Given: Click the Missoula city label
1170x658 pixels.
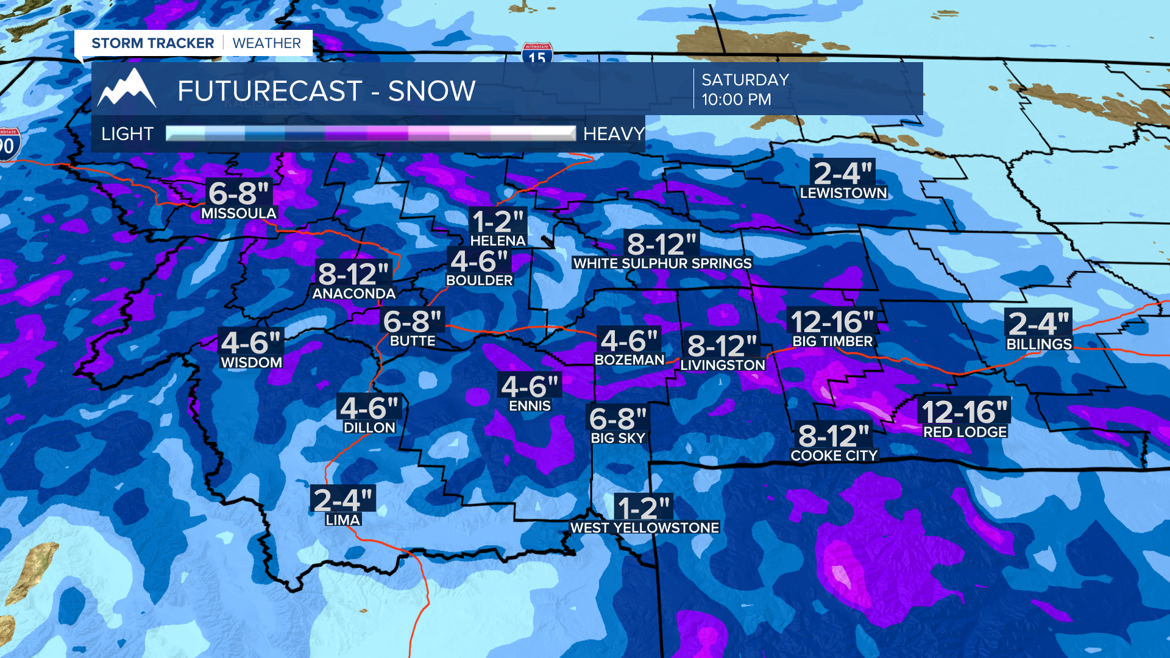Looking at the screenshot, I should (x=239, y=213).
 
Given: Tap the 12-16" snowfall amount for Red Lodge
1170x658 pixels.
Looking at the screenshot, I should (x=965, y=412).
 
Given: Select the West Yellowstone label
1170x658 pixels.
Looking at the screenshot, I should (x=645, y=528).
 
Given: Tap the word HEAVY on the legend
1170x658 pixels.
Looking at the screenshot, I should (x=614, y=133).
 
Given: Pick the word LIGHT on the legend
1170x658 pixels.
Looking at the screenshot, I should (x=127, y=133).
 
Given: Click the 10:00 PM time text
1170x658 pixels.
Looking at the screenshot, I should (x=736, y=99).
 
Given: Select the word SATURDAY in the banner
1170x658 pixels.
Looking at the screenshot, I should (x=745, y=80).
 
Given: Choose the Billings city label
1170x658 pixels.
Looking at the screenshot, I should (x=1039, y=344).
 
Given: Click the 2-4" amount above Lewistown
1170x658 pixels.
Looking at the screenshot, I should (x=843, y=173).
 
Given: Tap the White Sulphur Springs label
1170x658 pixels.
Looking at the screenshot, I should (x=662, y=263).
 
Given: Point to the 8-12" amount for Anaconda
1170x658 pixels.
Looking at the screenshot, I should (x=353, y=274).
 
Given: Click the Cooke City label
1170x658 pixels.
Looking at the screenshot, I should (x=834, y=456).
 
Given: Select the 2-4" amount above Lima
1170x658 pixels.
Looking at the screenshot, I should (x=342, y=500).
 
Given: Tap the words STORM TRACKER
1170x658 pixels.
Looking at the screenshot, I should (x=153, y=43).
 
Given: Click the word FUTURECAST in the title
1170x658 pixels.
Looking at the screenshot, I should (x=270, y=91).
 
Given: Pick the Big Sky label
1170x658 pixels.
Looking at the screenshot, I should (x=618, y=438).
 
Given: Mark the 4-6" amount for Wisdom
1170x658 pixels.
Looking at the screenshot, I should (x=251, y=342).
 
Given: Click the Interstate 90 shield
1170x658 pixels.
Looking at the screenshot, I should (x=9, y=145).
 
